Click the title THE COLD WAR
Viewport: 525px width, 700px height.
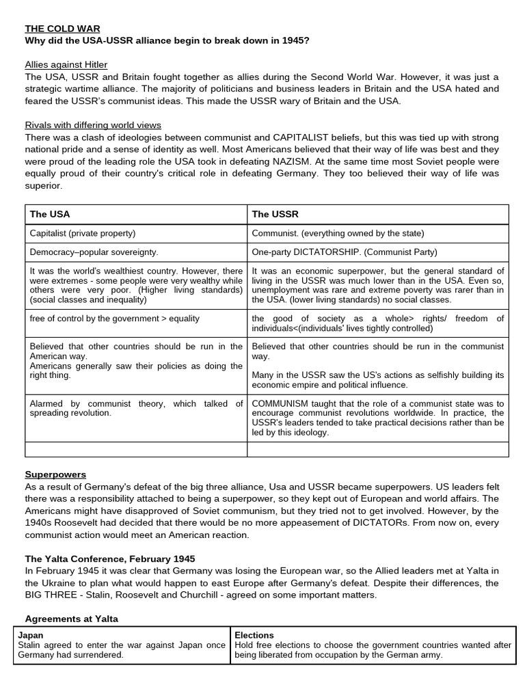[62, 29]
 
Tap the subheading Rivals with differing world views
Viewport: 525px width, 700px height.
[93, 125]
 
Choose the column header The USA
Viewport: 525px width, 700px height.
[50, 214]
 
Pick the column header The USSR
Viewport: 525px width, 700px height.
[275, 214]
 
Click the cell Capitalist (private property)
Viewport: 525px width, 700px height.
[83, 233]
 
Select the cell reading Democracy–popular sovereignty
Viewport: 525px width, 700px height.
[94, 252]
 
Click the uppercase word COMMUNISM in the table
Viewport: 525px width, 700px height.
[283, 404]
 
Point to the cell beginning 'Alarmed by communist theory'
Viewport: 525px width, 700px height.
[136, 408]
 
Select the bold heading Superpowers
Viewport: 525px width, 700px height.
[55, 474]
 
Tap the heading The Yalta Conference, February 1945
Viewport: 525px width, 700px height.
[110, 558]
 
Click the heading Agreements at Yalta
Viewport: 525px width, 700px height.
[72, 619]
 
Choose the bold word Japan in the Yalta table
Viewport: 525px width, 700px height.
[30, 634]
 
